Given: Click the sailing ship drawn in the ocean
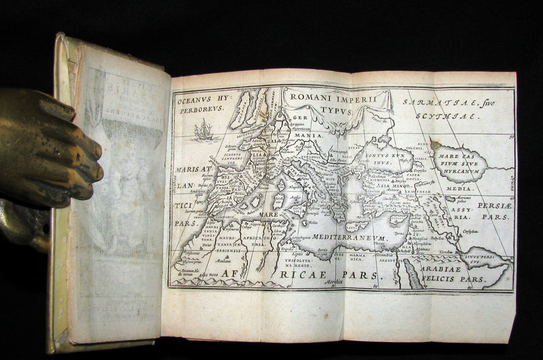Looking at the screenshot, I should (204, 129).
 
